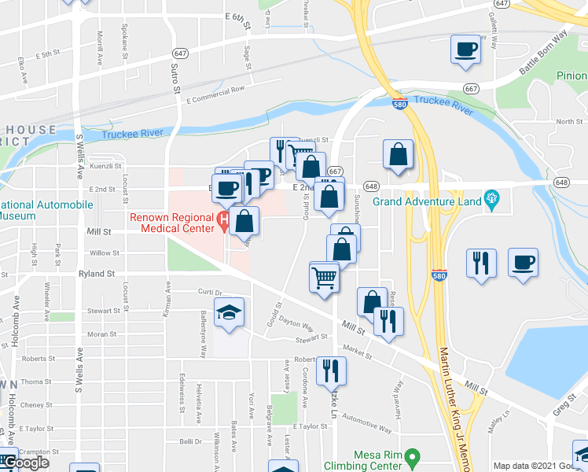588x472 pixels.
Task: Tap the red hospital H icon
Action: click(225, 222)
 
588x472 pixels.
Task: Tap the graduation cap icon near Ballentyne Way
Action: click(229, 313)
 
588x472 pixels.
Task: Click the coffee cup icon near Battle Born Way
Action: click(465, 50)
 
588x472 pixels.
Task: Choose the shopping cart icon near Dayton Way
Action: click(324, 277)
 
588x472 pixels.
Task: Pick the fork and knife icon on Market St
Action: click(331, 370)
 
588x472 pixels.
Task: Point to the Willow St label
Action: click(104, 253)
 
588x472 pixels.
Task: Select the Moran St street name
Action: click(102, 334)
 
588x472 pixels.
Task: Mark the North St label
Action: click(568, 121)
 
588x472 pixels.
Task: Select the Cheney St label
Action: click(36, 405)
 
